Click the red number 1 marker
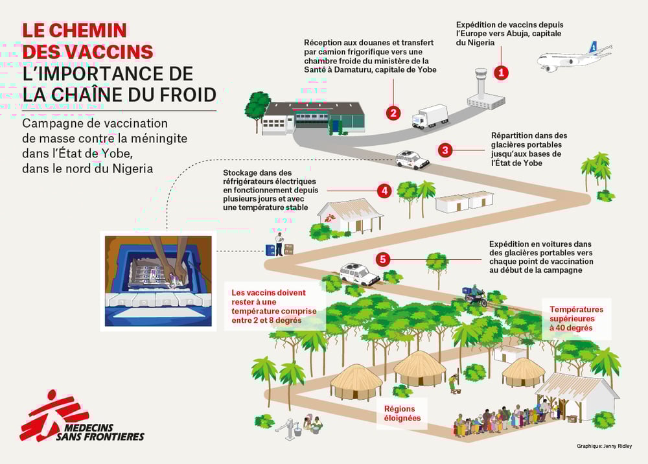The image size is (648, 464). click(x=502, y=73)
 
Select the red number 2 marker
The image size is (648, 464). click(x=393, y=112)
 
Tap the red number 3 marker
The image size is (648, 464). click(x=445, y=150)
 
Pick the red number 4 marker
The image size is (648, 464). click(x=384, y=191)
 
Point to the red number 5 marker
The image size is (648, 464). click(x=383, y=259)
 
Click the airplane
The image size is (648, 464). click(x=574, y=57)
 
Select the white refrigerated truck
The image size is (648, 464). click(x=430, y=116)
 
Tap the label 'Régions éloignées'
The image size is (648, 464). click(x=402, y=413)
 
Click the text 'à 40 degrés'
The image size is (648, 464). click(x=571, y=328)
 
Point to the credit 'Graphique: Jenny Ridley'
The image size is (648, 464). click(x=604, y=447)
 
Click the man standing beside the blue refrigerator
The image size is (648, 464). click(x=279, y=244)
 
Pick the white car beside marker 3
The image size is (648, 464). click(x=412, y=160)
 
